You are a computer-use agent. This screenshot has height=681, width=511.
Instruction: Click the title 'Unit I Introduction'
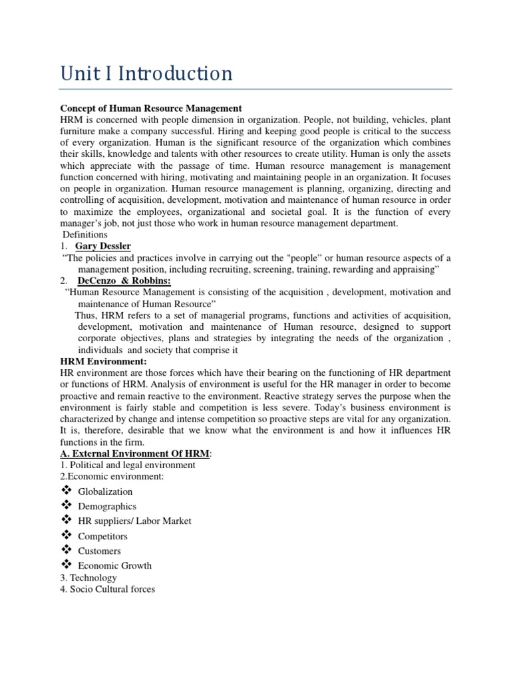[146, 72]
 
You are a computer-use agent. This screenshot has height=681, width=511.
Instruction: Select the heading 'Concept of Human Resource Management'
[151, 108]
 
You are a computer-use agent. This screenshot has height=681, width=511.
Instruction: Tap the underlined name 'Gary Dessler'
[103, 246]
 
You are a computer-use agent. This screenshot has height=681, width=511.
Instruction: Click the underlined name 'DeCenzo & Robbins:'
[124, 281]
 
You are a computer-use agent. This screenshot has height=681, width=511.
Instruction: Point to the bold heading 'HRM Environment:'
[103, 361]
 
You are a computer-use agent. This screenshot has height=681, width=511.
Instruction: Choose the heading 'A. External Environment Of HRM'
[135, 453]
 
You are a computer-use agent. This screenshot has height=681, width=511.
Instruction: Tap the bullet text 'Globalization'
[105, 491]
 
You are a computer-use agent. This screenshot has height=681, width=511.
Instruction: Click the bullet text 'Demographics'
[107, 506]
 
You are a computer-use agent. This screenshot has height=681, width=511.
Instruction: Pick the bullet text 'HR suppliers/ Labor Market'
[134, 521]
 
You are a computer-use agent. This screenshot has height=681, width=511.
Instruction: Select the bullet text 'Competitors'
[102, 536]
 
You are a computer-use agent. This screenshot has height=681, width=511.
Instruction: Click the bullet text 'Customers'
[100, 551]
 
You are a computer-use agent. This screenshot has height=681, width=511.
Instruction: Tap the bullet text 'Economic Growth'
[114, 565]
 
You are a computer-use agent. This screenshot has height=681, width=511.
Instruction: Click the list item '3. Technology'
[88, 577]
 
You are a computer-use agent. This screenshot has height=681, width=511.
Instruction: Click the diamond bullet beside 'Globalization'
[66, 491]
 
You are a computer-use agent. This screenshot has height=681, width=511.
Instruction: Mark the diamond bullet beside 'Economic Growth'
[66, 565]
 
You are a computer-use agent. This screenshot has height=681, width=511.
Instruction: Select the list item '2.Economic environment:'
[112, 476]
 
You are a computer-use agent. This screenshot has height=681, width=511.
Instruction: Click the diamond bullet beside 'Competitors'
[66, 535]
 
